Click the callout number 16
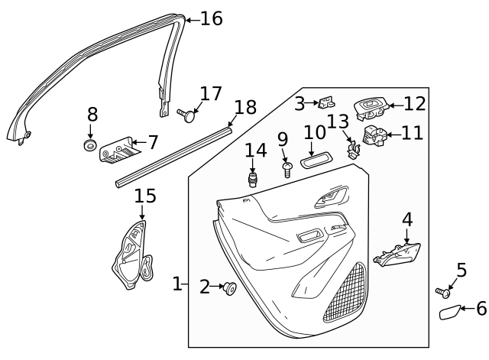click(211, 18)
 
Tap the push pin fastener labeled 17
click(186, 115)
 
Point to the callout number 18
click(244, 107)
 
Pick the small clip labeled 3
click(326, 102)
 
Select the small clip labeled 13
click(352, 147)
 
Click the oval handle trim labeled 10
click(316, 161)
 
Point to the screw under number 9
click(287, 168)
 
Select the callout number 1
click(177, 284)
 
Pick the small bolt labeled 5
click(442, 292)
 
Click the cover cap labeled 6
click(449, 312)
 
